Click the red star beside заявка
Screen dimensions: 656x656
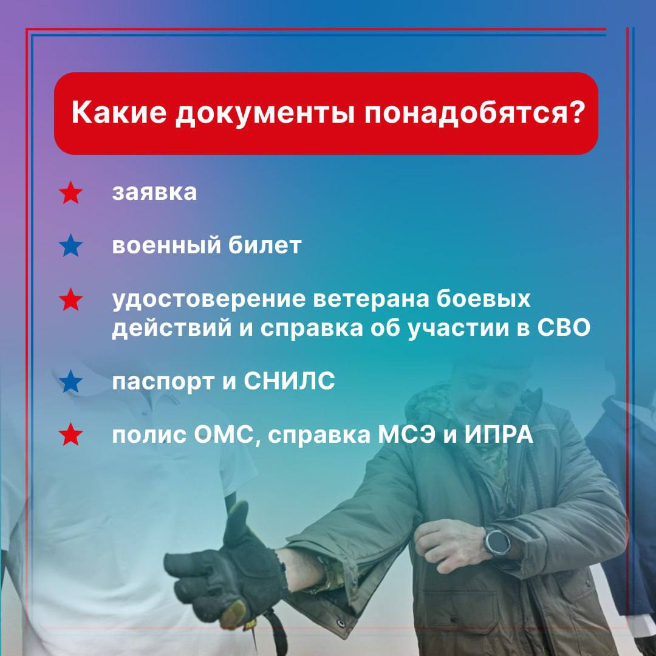pos(70,193)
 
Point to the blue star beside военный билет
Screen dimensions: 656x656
pos(70,245)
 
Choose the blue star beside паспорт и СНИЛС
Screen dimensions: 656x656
pos(70,381)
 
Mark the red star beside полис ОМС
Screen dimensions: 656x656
pos(70,434)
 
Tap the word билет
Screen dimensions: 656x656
pos(265,245)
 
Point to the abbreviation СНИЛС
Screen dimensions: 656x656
pos(289,381)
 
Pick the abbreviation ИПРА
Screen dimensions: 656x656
pos(499,435)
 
